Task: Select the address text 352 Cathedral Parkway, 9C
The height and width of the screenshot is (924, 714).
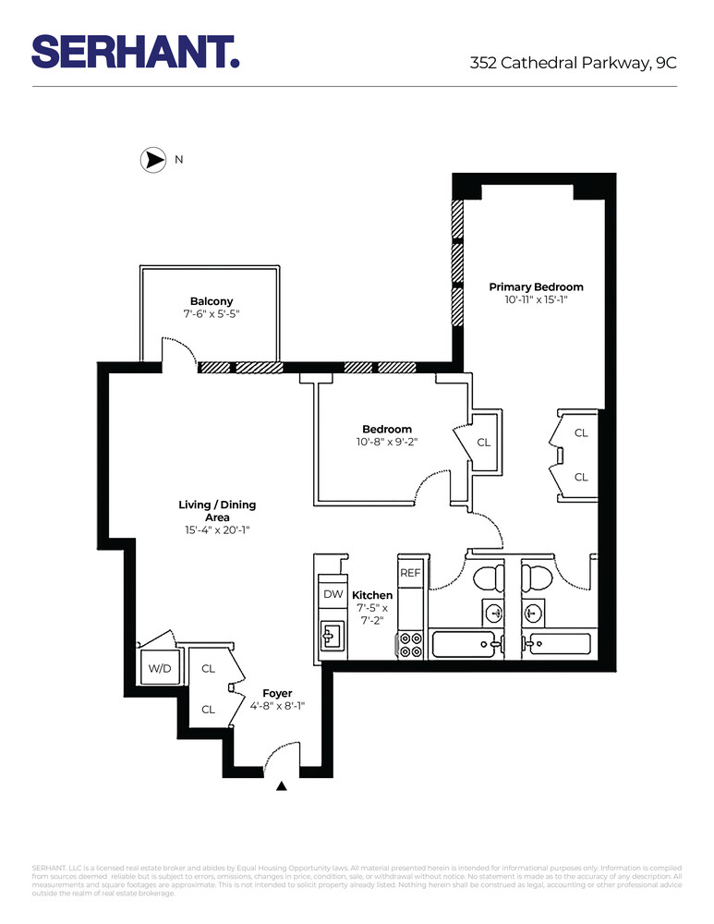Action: [x=573, y=63]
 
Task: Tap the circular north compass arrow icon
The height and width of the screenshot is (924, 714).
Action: [x=151, y=160]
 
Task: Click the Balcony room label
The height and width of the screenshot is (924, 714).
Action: [x=212, y=301]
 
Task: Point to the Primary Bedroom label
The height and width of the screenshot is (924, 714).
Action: [x=536, y=287]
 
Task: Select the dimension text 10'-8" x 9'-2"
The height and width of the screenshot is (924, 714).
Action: [x=387, y=442]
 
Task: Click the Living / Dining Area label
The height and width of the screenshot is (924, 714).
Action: [x=217, y=511]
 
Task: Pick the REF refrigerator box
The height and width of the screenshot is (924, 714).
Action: [x=410, y=573]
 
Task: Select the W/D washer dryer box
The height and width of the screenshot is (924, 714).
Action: [x=155, y=668]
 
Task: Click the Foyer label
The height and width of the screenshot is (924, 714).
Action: [x=277, y=693]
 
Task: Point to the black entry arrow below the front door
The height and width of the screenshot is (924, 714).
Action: [x=283, y=786]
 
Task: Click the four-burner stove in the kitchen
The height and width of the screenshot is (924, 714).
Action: [x=411, y=644]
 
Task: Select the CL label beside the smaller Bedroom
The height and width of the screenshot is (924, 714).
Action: [x=484, y=443]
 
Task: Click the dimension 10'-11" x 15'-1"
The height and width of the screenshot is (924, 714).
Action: [x=536, y=300]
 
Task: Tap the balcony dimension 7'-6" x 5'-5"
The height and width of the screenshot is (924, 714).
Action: [x=212, y=314]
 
